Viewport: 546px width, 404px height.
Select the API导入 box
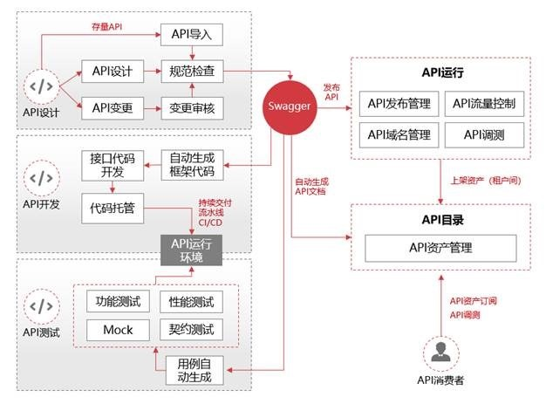tap(192, 35)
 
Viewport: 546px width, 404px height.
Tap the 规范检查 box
tap(192, 72)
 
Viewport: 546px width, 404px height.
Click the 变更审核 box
tap(192, 108)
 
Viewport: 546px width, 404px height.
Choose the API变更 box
tap(112, 108)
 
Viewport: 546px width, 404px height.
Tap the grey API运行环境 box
tap(190, 248)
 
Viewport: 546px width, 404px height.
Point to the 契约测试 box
tap(190, 330)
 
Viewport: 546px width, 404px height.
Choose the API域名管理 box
tap(399, 134)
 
